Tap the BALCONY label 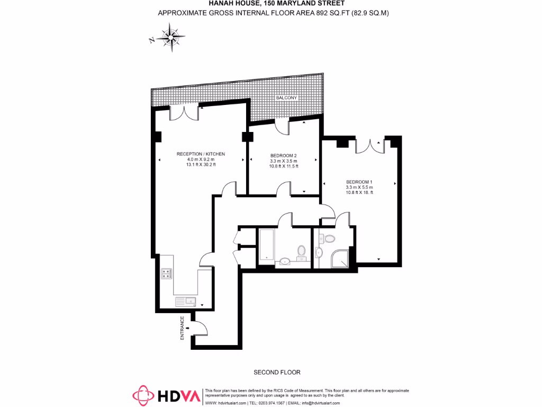(286, 99)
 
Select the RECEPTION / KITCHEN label (201, 154)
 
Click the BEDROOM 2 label (283, 155)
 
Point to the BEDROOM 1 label (359, 182)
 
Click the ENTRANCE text (183, 328)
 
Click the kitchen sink (186, 302)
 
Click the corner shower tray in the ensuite (340, 258)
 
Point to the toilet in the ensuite (329, 238)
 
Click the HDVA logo (164, 395)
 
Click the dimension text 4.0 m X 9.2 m (201, 160)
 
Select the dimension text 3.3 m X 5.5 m (359, 187)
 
